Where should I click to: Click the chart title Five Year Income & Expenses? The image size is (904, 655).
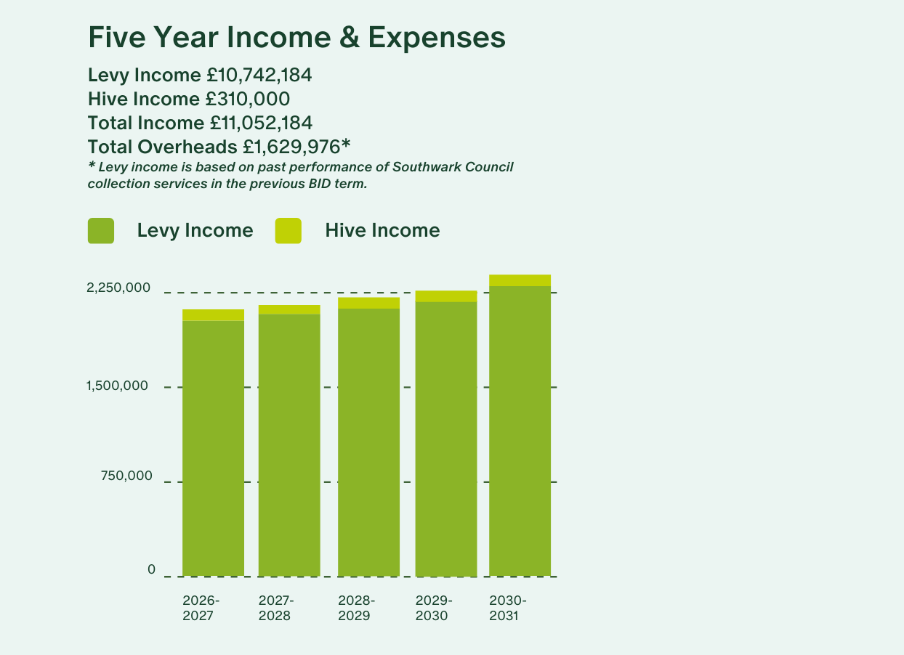click(x=296, y=38)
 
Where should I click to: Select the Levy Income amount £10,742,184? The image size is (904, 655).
click(x=259, y=76)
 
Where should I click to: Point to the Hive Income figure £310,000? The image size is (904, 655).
click(x=247, y=99)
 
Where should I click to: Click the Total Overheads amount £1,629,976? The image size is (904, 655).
click(x=292, y=147)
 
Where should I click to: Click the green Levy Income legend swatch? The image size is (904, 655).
click(x=101, y=231)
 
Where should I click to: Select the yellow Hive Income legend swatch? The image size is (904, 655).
click(x=288, y=231)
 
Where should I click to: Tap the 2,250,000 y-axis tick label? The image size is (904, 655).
click(x=118, y=288)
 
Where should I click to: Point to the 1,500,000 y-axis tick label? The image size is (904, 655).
click(x=117, y=386)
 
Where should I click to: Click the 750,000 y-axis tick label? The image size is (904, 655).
click(x=126, y=476)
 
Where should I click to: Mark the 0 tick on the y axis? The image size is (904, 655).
click(x=151, y=569)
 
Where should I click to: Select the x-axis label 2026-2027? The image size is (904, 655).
click(x=201, y=609)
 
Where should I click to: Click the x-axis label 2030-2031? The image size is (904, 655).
click(x=508, y=609)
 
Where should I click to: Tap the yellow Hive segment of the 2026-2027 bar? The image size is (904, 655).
click(x=213, y=315)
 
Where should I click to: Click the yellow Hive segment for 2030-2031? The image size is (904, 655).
click(x=520, y=280)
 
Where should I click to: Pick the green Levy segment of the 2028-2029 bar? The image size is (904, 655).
click(x=369, y=442)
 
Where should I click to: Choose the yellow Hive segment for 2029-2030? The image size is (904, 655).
click(x=446, y=296)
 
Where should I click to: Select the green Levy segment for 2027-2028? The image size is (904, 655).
click(x=289, y=445)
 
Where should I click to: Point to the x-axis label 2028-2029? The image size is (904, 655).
click(x=356, y=609)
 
